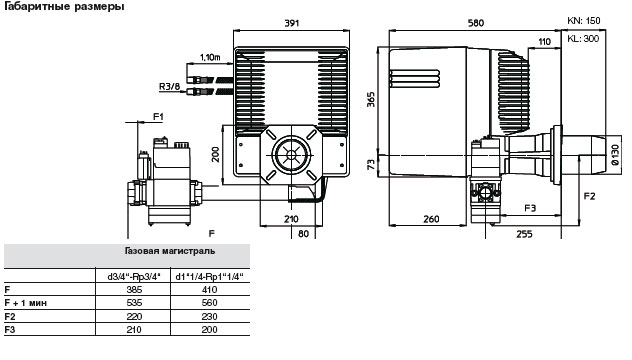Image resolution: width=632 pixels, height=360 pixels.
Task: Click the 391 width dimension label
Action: pyautogui.click(x=292, y=23)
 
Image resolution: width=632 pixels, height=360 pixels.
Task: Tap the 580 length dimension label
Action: pyautogui.click(x=476, y=23)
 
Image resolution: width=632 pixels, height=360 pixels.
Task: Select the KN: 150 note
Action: pyautogui.click(x=583, y=21)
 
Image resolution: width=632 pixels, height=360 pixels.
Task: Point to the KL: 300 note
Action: pyautogui.click(x=583, y=39)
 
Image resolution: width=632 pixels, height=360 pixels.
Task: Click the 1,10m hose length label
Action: pyautogui.click(x=210, y=57)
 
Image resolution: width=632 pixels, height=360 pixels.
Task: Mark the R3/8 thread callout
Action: pyautogui.click(x=169, y=87)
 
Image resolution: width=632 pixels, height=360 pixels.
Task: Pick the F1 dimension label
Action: pyautogui.click(x=158, y=117)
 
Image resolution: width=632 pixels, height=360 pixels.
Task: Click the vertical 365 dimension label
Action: pyautogui.click(x=371, y=100)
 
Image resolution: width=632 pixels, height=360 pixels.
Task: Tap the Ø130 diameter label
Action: pyautogui.click(x=615, y=155)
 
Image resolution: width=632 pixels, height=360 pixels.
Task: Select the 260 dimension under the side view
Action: pyautogui.click(x=431, y=219)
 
